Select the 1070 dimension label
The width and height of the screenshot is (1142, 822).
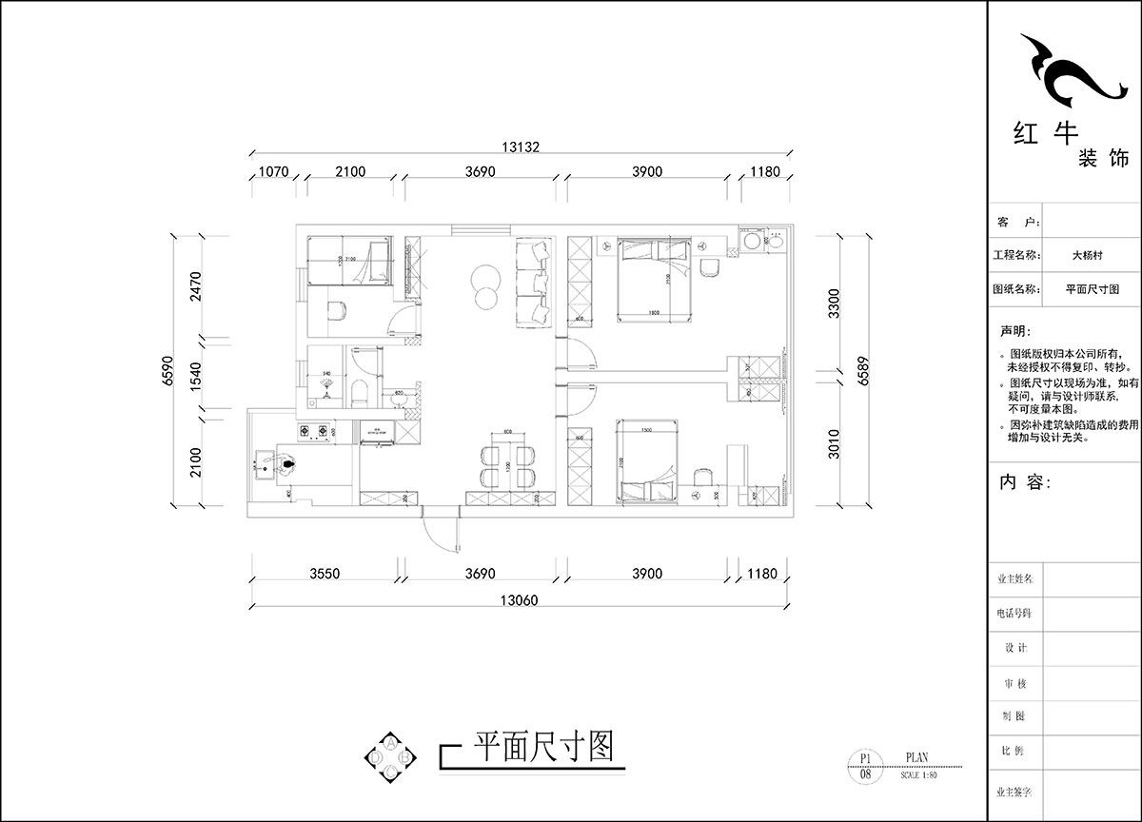tap(273, 172)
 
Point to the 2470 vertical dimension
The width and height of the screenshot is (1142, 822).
tap(197, 286)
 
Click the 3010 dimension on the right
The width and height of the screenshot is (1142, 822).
tap(834, 442)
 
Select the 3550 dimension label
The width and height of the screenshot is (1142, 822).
tap(325, 574)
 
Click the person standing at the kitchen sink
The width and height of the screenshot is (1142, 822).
tap(286, 465)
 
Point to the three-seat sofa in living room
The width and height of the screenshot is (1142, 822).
tap(534, 283)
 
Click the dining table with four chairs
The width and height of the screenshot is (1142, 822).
tap(506, 463)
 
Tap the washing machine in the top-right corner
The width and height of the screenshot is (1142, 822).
tap(752, 241)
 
